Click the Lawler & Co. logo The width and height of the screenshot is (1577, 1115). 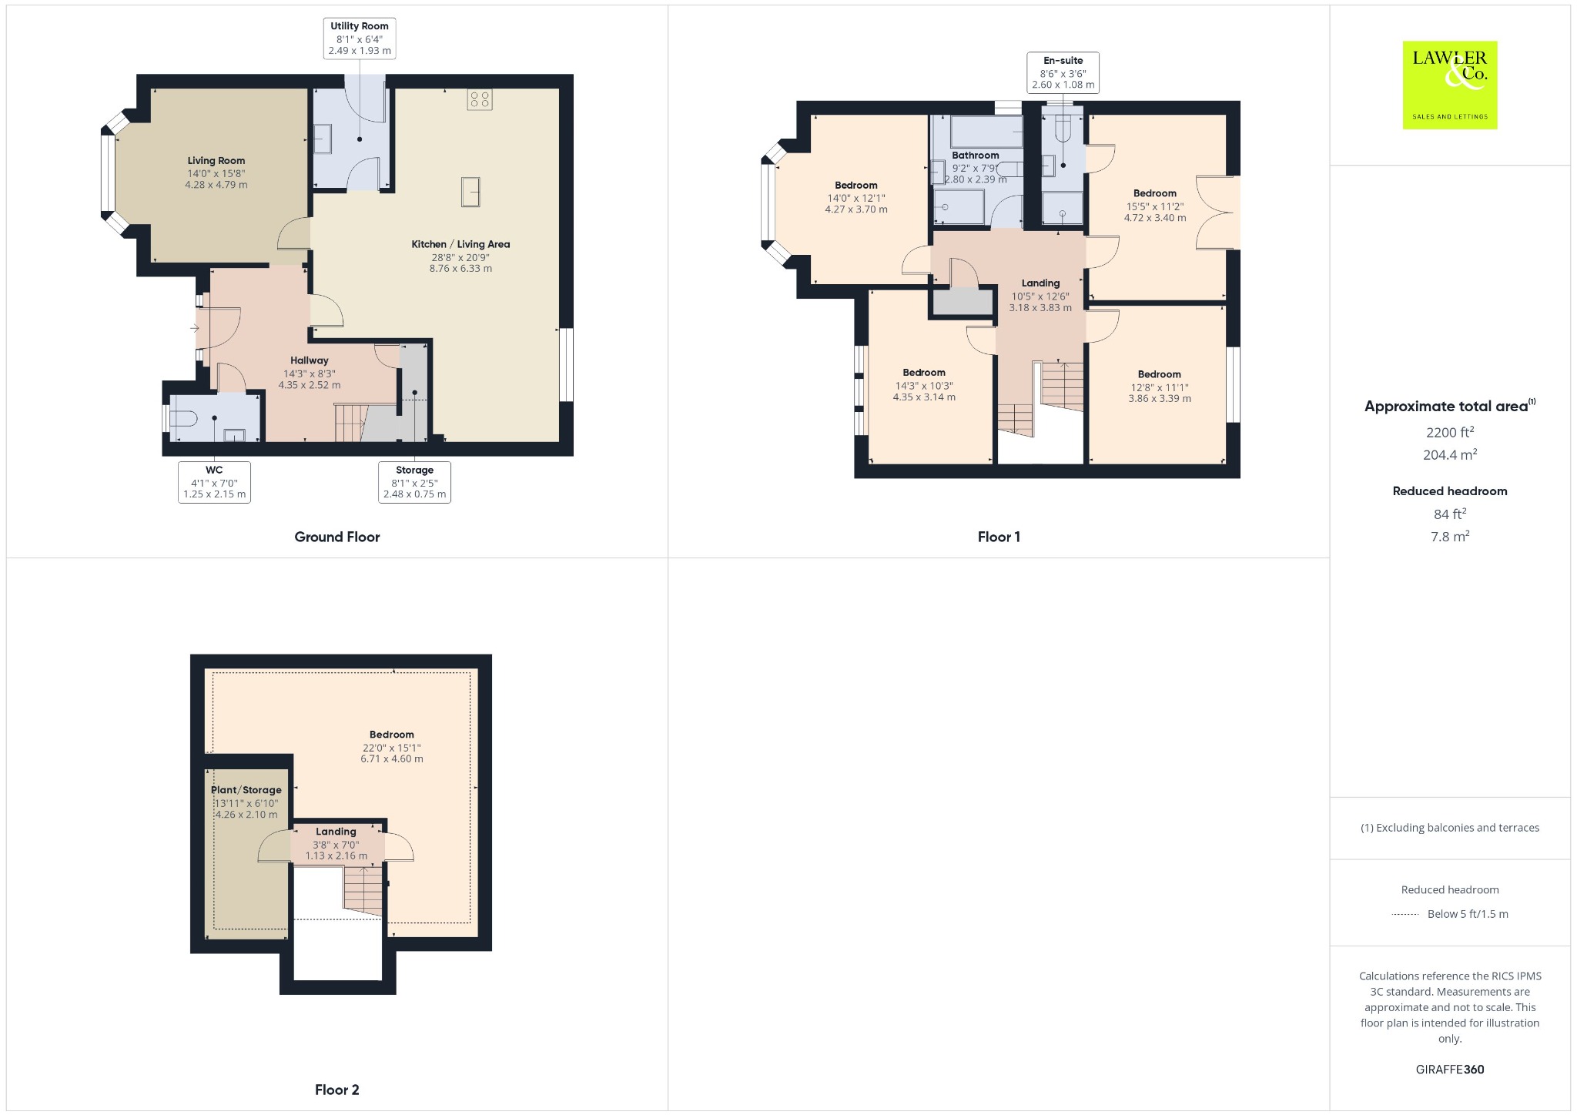click(x=1449, y=85)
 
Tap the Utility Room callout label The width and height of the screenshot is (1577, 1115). click(x=360, y=39)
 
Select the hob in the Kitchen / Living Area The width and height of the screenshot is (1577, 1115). click(x=480, y=99)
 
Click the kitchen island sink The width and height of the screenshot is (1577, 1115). click(x=470, y=192)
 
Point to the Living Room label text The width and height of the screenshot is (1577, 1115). click(x=216, y=161)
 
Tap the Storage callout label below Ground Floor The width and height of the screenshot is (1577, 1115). click(x=414, y=482)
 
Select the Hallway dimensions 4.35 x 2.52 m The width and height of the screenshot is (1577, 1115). click(x=310, y=385)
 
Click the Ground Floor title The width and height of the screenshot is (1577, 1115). click(x=337, y=537)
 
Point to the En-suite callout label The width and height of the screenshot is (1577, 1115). click(x=1063, y=72)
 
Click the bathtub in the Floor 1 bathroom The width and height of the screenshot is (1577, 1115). click(x=986, y=131)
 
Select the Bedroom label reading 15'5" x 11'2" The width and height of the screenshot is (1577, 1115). click(x=1155, y=206)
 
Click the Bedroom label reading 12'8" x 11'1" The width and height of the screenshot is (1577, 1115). click(x=1160, y=387)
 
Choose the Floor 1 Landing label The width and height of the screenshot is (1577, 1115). click(x=1040, y=283)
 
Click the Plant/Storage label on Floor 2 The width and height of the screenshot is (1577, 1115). click(x=246, y=790)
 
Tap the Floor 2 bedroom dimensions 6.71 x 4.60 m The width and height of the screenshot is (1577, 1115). click(x=392, y=758)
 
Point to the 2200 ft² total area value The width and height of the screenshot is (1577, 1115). click(x=1450, y=432)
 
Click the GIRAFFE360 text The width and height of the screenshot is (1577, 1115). click(x=1450, y=1070)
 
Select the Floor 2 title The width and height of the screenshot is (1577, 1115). click(x=337, y=1090)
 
